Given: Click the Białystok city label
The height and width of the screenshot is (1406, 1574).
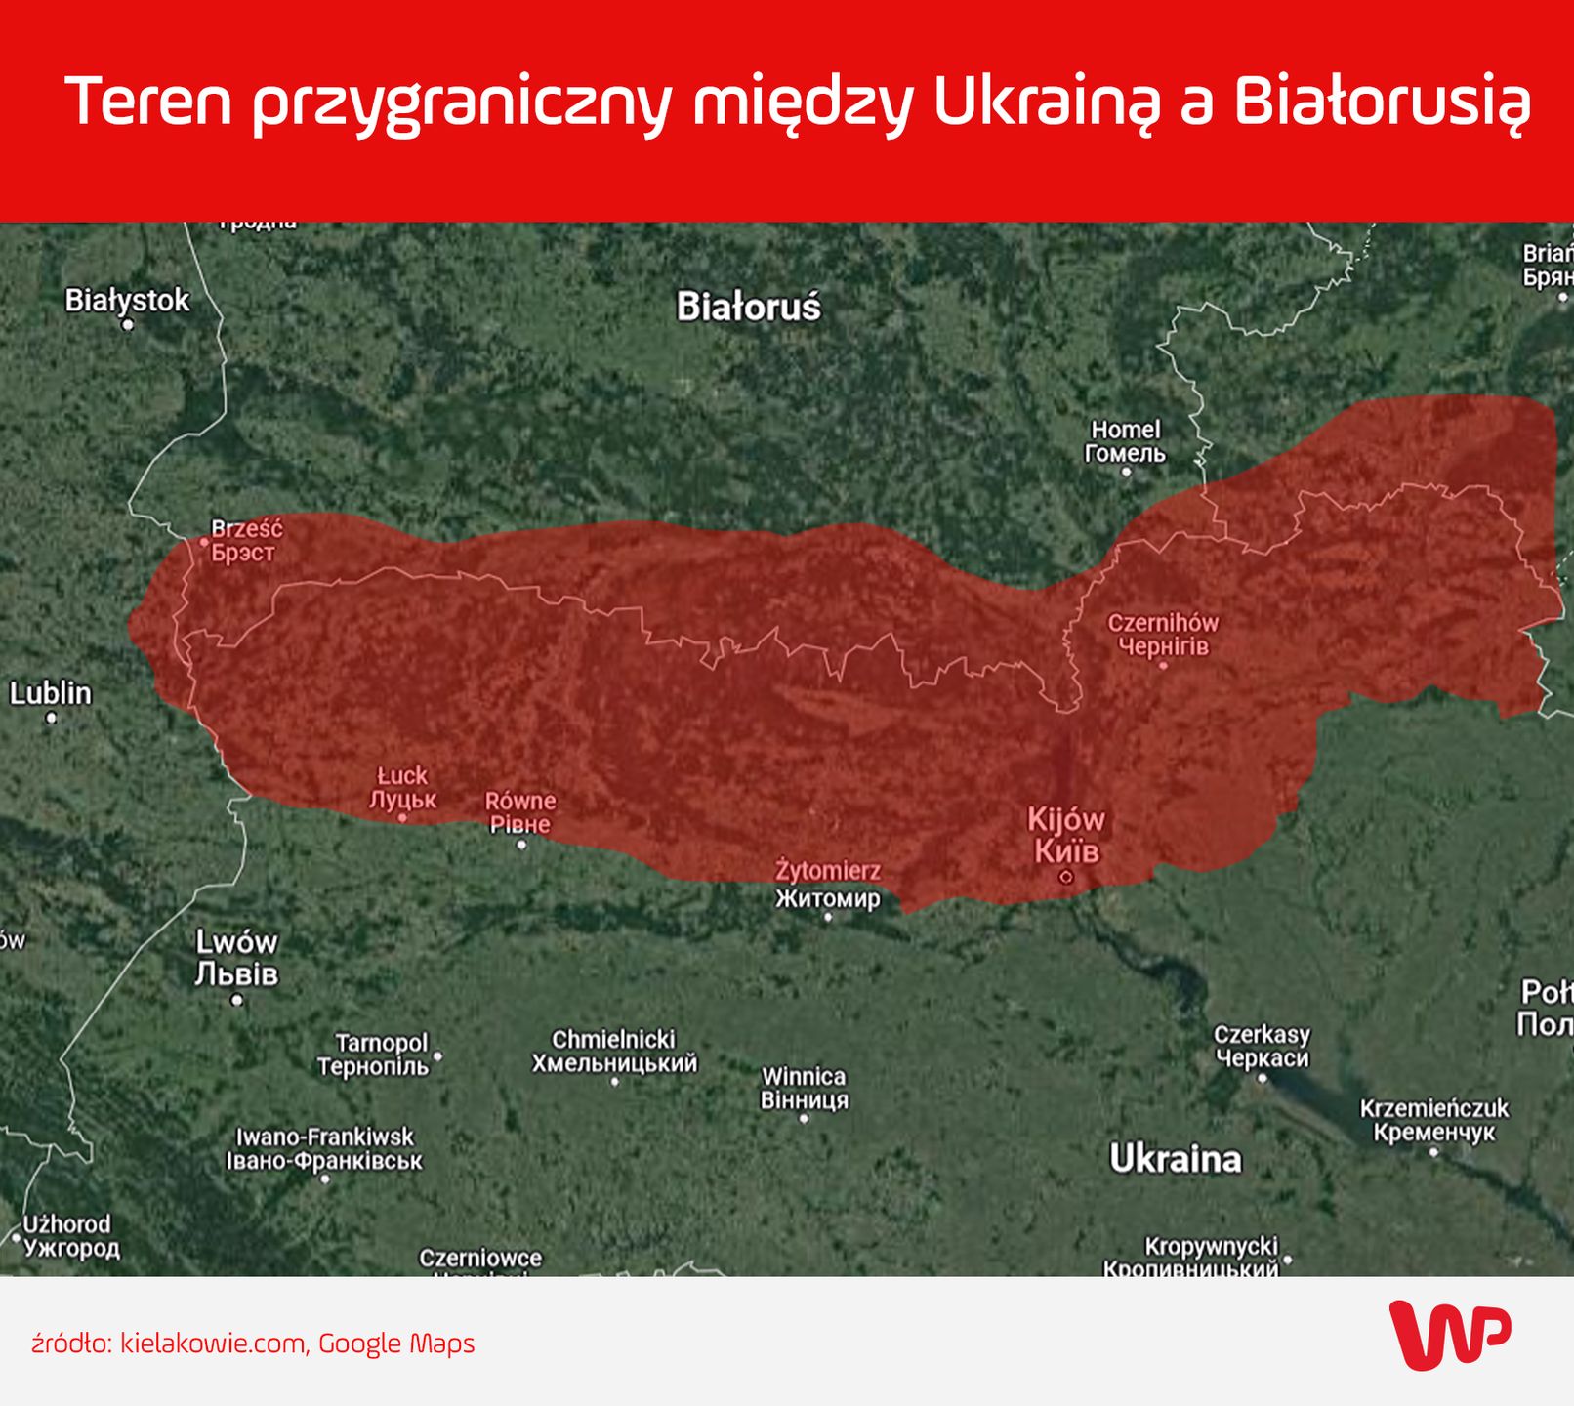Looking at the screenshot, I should (127, 300).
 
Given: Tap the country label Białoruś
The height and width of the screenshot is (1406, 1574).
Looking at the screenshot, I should (749, 307).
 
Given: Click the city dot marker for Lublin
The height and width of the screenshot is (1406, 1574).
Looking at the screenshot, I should (51, 718).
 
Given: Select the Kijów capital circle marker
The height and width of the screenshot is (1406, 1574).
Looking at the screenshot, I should (1065, 877).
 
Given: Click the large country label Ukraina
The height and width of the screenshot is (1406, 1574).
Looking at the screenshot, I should (1176, 1159).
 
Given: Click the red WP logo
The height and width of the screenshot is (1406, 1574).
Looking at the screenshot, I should (1449, 1334).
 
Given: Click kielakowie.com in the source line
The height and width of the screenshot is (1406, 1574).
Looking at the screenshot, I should (212, 1344).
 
